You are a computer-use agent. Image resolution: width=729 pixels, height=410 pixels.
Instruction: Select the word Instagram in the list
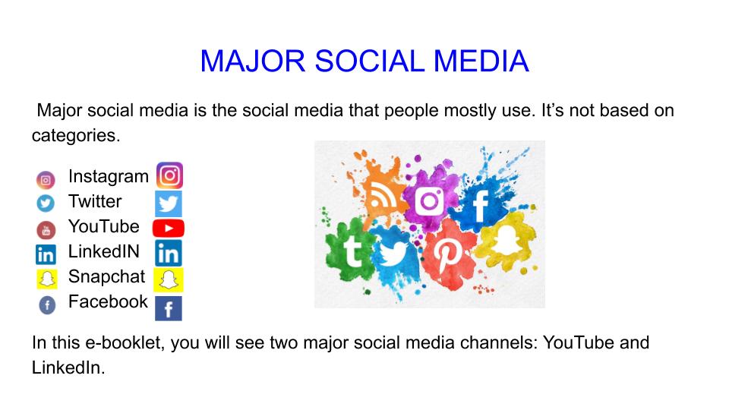[108, 176]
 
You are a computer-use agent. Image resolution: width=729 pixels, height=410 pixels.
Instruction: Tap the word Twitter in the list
[95, 201]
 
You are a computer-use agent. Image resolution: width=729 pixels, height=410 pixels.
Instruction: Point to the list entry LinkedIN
[104, 251]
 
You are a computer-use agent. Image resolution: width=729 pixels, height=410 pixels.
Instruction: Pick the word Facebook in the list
[108, 301]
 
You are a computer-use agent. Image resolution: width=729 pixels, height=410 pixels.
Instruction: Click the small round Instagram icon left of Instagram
[46, 181]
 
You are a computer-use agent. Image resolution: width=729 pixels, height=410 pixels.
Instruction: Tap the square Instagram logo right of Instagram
[169, 176]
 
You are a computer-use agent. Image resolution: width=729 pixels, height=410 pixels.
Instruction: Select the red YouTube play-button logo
[168, 228]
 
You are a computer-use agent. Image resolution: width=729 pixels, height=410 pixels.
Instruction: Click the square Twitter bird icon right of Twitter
[168, 203]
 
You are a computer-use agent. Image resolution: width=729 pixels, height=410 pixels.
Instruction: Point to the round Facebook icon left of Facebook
[46, 305]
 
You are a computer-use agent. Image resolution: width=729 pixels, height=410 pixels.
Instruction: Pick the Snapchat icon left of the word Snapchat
[46, 279]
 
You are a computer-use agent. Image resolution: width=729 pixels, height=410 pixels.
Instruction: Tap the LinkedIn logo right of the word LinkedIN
[168, 254]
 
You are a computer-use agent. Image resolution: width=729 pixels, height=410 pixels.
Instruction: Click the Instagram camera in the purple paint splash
[429, 201]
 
